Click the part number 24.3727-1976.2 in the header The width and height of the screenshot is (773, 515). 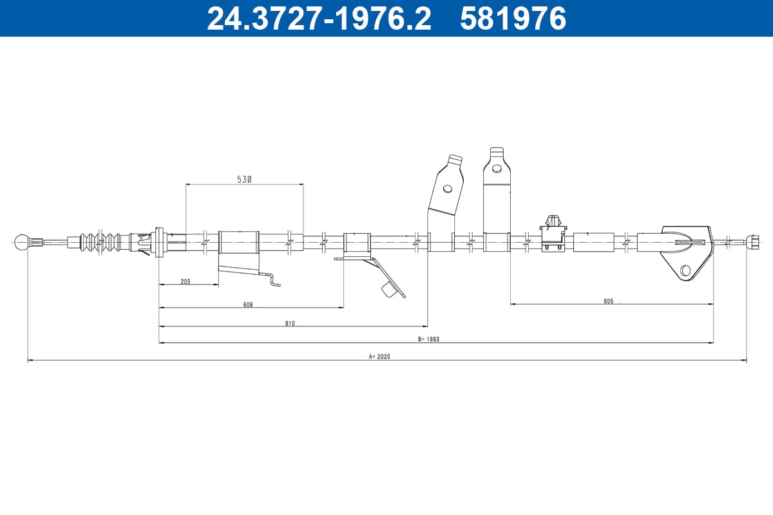(x=320, y=19)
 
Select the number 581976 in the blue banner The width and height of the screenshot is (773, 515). (x=513, y=19)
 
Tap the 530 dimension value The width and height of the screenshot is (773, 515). (x=244, y=180)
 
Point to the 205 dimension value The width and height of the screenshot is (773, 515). (x=186, y=281)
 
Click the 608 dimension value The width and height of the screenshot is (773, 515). (x=248, y=304)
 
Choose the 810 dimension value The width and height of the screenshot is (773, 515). (x=290, y=323)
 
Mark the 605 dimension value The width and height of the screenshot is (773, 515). (x=609, y=301)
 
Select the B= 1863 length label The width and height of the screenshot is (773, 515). (x=428, y=339)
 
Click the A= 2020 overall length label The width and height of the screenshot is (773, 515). (x=379, y=357)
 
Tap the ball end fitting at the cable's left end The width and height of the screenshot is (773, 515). (x=22, y=242)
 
